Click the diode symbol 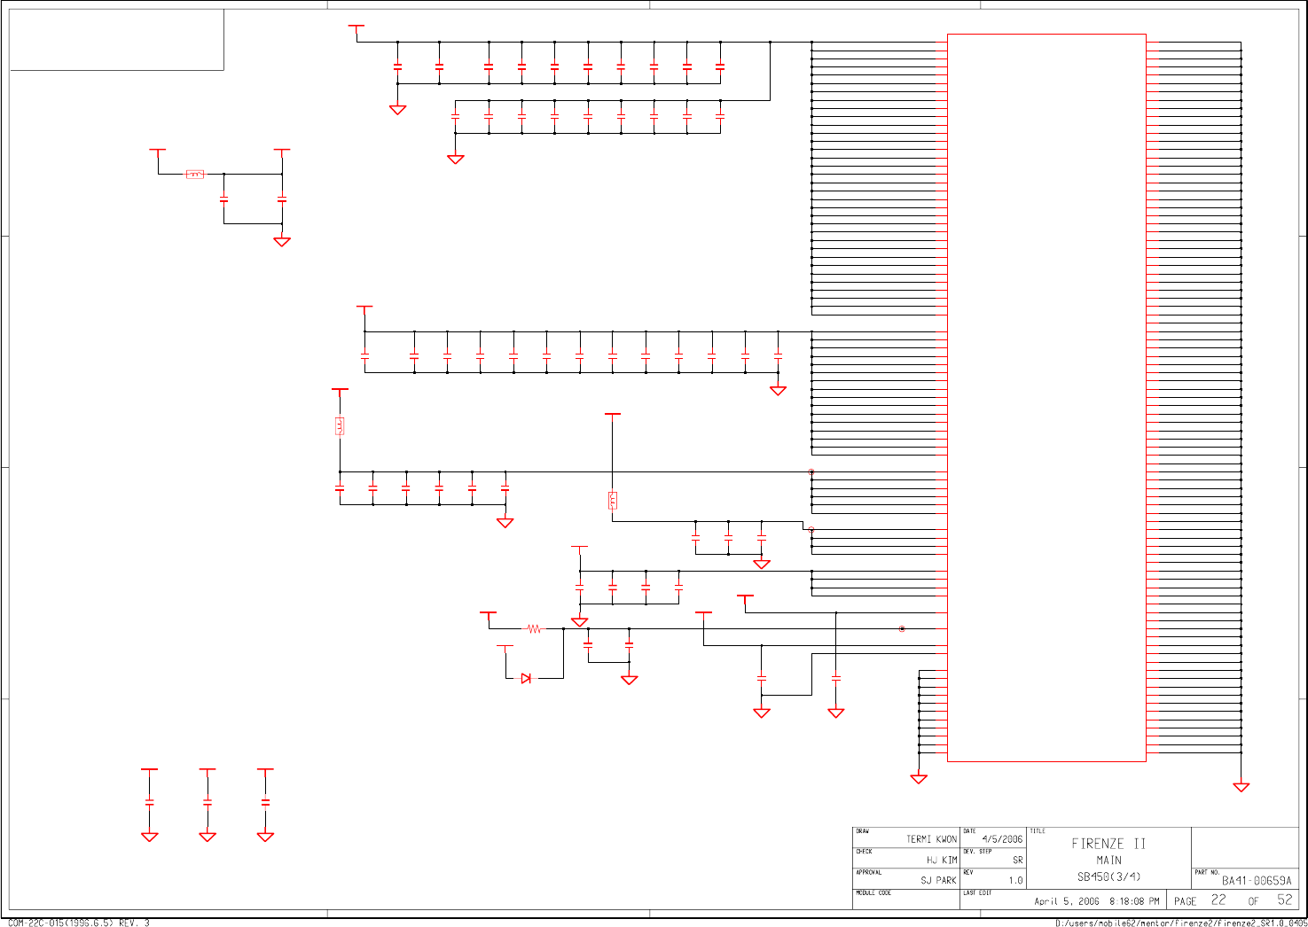[526, 678]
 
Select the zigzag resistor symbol [534, 629]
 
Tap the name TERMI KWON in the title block [931, 839]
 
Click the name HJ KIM [942, 860]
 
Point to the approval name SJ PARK [938, 880]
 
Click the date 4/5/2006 [1002, 839]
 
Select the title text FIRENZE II [1108, 844]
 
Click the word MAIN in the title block [1108, 860]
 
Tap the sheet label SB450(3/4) [1108, 877]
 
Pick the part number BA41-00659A [1257, 881]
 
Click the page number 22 [1218, 900]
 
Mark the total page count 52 [1285, 900]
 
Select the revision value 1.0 [1015, 881]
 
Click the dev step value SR [1017, 860]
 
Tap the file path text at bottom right [1180, 923]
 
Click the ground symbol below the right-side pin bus [1241, 787]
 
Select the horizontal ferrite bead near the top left [195, 175]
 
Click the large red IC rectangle [1046, 398]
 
